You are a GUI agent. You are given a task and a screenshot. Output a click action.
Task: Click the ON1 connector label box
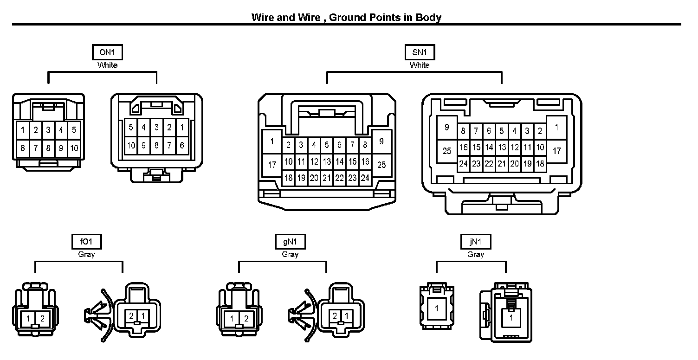pos(107,52)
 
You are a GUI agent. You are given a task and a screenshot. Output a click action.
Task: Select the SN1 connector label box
pos(420,52)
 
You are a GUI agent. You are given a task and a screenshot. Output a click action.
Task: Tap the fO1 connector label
pos(87,242)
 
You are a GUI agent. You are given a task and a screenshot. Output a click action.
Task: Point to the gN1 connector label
pos(290,242)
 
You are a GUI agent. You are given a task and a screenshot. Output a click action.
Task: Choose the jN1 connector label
pos(476,242)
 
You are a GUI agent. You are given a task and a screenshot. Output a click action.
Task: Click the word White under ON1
pos(107,65)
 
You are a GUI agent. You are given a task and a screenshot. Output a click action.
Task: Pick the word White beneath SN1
pos(420,65)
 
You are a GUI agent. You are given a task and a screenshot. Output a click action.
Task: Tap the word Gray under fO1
pos(87,254)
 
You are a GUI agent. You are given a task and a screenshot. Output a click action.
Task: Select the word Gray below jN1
pos(476,254)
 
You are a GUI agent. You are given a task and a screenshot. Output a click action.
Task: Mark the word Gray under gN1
pos(290,254)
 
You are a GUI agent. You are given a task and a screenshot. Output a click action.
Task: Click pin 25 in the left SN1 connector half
pos(381,165)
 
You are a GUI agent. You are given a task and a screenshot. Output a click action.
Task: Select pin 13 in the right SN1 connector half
pos(502,148)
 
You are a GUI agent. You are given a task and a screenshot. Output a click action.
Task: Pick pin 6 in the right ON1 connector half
pos(182,145)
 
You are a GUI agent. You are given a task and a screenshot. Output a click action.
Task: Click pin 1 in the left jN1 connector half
pos(437,308)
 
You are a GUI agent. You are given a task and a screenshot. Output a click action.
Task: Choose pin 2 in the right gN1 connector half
pos(335,316)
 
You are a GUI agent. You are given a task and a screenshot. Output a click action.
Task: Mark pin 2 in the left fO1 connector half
pos(42,318)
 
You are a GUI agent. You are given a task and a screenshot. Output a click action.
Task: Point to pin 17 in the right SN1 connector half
pos(557,151)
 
